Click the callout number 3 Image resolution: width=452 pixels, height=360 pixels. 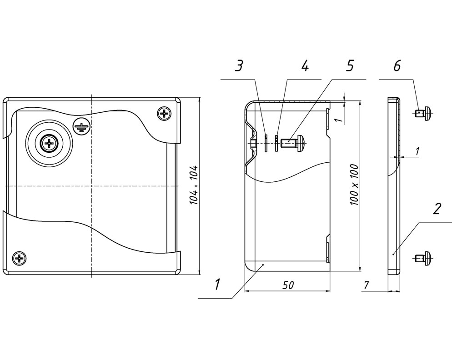click(238, 66)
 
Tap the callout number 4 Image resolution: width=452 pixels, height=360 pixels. click(305, 66)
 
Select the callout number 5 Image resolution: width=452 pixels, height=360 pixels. click(349, 66)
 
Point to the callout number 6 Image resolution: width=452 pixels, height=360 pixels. click(397, 66)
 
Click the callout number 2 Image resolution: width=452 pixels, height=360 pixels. click(437, 209)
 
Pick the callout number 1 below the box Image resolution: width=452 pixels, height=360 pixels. click(217, 284)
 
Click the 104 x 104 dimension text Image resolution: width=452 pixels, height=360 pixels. click(194, 185)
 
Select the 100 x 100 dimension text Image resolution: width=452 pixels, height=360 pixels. click(354, 185)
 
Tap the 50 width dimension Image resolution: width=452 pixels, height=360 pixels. click(288, 285)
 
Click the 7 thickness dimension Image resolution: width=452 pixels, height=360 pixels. click(366, 285)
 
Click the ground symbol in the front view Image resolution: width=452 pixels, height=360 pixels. click(81, 126)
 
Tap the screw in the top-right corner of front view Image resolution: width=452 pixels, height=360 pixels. click(164, 114)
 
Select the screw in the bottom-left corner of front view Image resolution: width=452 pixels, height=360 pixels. click(20, 258)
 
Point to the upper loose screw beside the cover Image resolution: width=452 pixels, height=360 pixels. click(423, 113)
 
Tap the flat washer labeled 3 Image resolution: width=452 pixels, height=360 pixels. click(266, 143)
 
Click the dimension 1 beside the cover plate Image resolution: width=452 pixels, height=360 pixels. click(417, 151)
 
